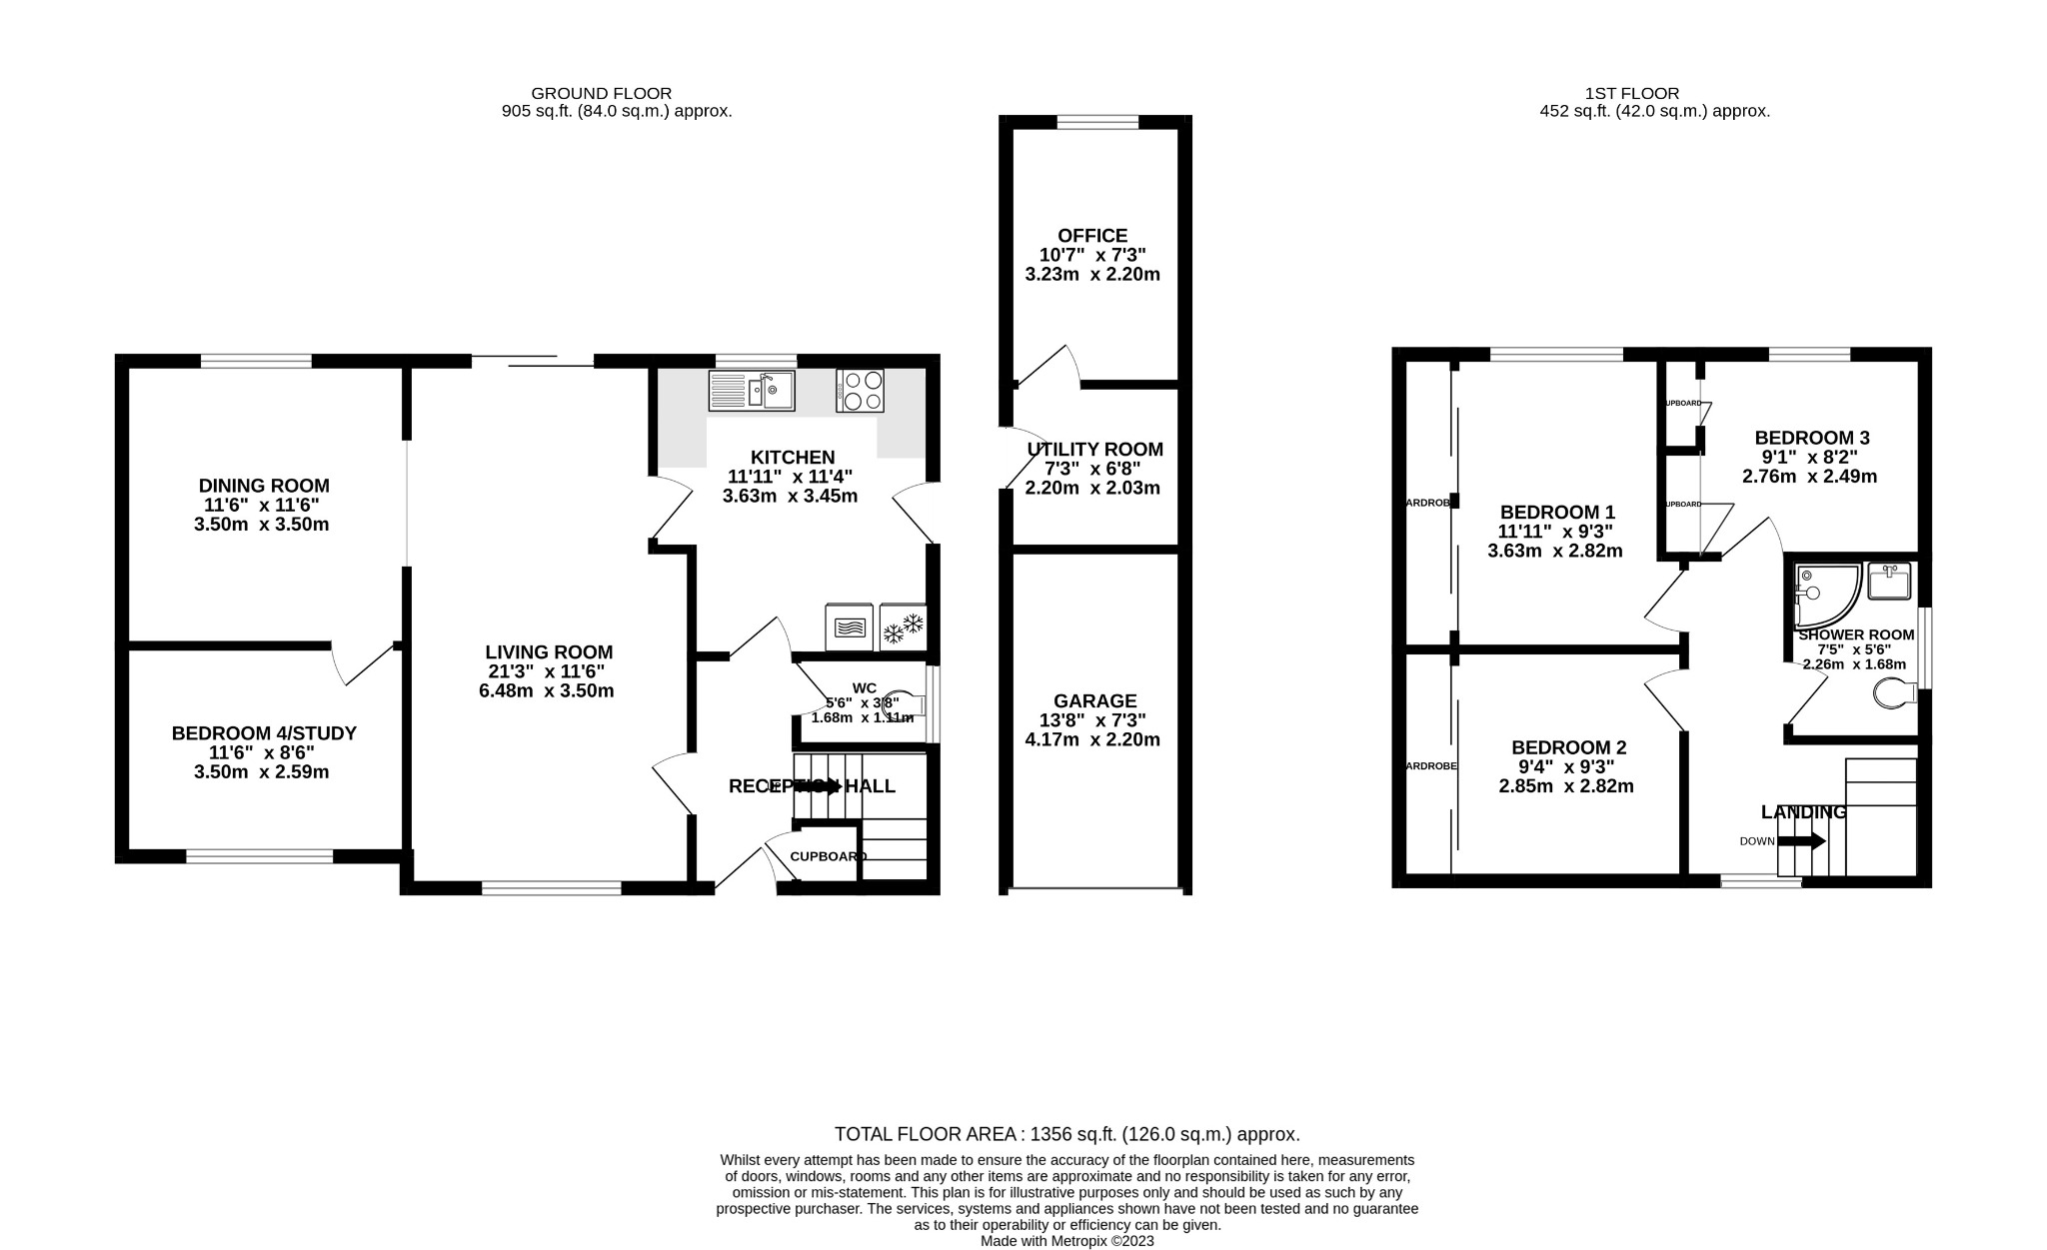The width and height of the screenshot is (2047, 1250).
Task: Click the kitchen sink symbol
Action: click(752, 391)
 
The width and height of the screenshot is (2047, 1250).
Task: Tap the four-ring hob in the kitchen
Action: click(860, 391)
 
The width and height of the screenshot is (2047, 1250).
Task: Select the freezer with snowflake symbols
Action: click(903, 628)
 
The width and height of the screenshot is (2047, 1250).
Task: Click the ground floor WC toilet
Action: click(902, 705)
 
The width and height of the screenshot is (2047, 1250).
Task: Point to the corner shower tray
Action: click(1826, 596)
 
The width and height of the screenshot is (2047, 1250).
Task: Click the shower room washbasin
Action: click(1889, 582)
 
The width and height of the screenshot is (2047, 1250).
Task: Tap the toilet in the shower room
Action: click(1893, 691)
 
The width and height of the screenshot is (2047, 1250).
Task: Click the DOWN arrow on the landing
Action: click(1801, 841)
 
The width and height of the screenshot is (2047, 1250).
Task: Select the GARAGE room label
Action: click(1094, 701)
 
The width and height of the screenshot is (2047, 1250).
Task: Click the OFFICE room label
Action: click(1091, 236)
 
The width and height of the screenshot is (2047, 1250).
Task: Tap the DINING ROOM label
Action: click(264, 486)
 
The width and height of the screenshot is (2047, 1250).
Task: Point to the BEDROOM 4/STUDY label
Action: click(264, 733)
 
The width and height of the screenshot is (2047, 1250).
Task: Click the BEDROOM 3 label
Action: click(1811, 438)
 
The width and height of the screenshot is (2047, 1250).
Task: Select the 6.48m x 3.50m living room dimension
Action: click(546, 690)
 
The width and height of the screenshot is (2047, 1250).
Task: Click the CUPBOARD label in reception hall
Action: click(828, 856)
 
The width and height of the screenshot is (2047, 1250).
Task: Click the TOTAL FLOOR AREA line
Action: click(1066, 1134)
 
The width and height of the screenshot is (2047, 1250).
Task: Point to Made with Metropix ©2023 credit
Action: click(1066, 1241)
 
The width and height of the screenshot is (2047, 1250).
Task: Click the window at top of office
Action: click(1097, 122)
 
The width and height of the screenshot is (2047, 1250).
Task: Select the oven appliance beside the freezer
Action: click(849, 628)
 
